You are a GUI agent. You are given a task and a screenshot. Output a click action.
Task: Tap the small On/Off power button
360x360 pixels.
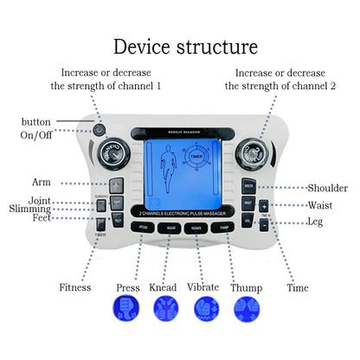pyautogui.click(x=101, y=131)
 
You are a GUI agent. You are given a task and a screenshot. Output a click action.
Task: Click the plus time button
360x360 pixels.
pyautogui.click(x=263, y=206)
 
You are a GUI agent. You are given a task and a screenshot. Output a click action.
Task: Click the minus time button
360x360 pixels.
pyautogui.click(x=263, y=223)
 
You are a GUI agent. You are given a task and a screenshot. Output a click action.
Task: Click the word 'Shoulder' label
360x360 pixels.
pyautogui.click(x=327, y=188)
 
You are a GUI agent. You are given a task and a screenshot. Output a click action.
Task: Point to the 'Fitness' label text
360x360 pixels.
pyautogui.click(x=74, y=286)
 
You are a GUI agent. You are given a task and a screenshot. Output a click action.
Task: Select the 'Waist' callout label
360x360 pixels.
pyautogui.click(x=319, y=205)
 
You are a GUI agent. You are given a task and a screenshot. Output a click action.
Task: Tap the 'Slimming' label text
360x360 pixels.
pyautogui.click(x=30, y=209)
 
